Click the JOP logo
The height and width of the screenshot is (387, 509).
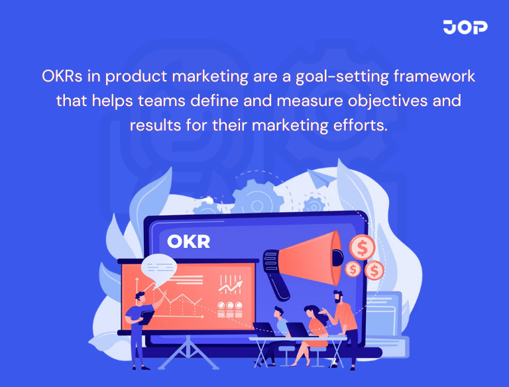coord(465,27)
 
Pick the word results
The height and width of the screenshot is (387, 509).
coord(156,125)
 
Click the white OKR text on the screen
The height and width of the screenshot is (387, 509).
coord(188,241)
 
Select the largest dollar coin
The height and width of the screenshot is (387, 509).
coord(362,247)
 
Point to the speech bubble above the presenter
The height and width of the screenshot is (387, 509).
coord(160,266)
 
